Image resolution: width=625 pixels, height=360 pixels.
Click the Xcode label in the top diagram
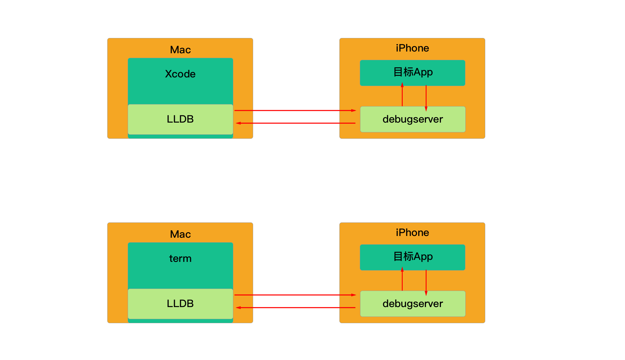coord(180,74)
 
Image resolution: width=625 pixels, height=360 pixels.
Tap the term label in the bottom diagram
coord(180,258)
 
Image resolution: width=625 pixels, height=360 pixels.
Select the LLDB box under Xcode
coord(180,119)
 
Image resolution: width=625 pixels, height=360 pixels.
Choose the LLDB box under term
coord(180,304)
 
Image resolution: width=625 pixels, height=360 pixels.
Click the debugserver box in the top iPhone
coord(413,119)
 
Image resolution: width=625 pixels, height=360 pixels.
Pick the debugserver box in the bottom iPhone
coord(413,304)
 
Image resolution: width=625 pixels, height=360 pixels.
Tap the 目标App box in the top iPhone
coord(412,73)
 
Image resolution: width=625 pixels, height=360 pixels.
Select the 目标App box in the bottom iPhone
coord(412,257)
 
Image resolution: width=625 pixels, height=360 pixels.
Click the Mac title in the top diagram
coord(180,50)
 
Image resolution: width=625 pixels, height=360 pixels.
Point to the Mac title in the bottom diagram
coord(180,234)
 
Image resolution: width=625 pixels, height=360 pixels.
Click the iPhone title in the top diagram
coord(412,48)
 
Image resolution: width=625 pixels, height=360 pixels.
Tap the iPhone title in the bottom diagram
coord(412,233)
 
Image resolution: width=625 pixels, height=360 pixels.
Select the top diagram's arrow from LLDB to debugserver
coord(295,111)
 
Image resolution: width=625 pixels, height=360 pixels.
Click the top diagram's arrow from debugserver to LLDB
coord(296,123)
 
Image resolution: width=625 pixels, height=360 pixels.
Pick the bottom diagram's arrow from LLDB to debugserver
coord(295,295)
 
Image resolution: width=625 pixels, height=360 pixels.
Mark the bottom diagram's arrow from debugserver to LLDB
coord(296,308)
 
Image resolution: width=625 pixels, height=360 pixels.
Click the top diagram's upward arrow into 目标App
coord(402,94)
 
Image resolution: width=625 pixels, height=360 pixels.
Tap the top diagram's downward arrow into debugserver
coord(426,98)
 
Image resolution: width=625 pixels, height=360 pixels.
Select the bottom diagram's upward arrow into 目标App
coord(402,279)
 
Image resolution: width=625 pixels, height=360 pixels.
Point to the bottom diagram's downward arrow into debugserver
coord(426,283)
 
